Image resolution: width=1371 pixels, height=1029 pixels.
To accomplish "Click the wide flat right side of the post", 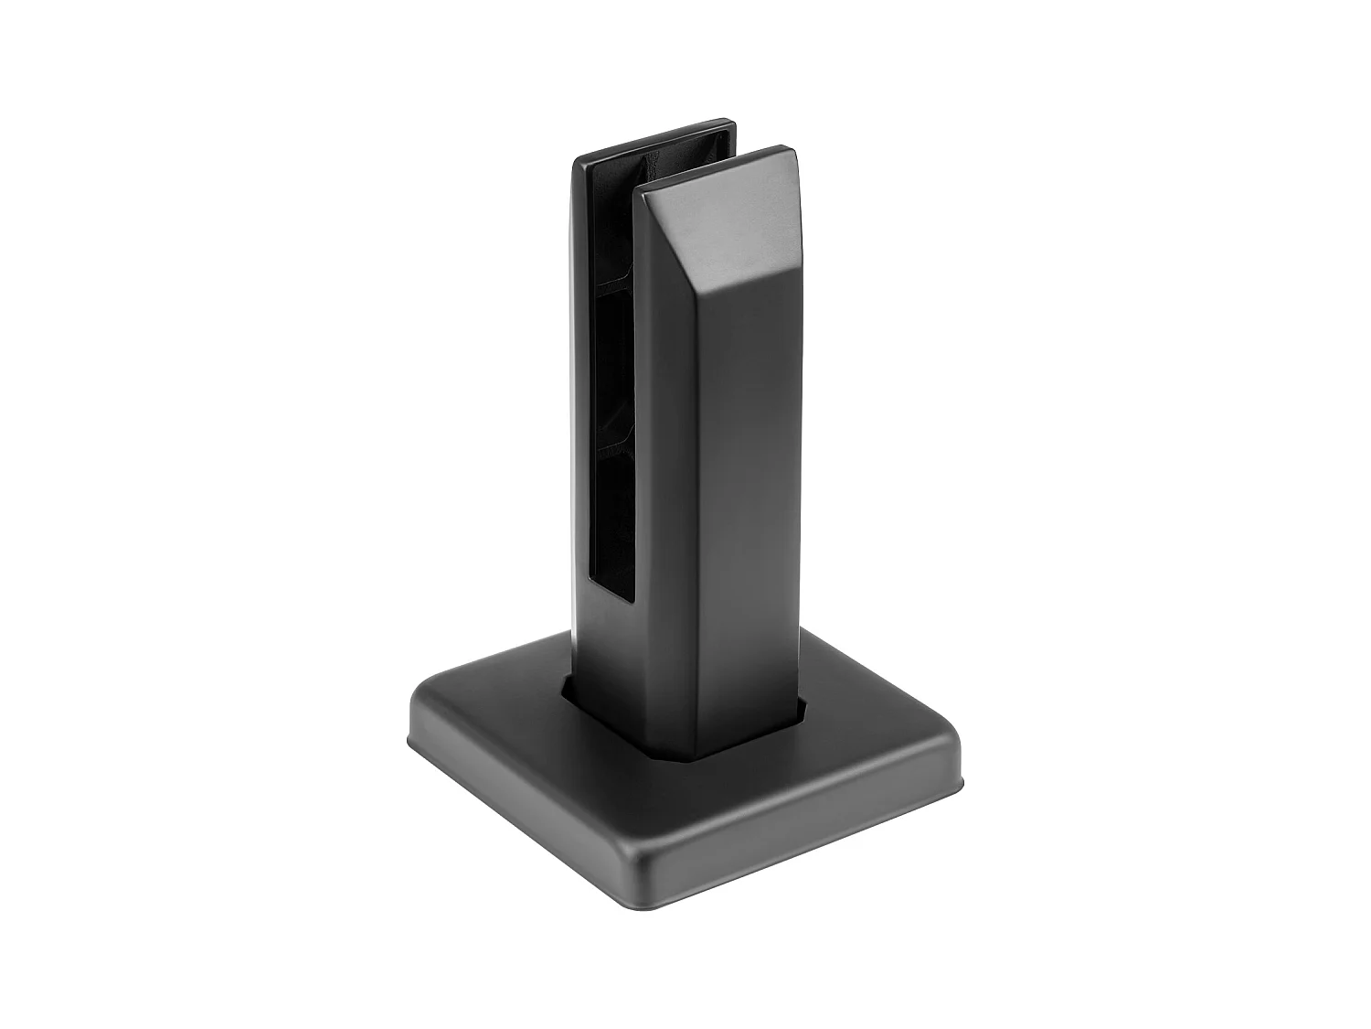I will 749,503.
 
